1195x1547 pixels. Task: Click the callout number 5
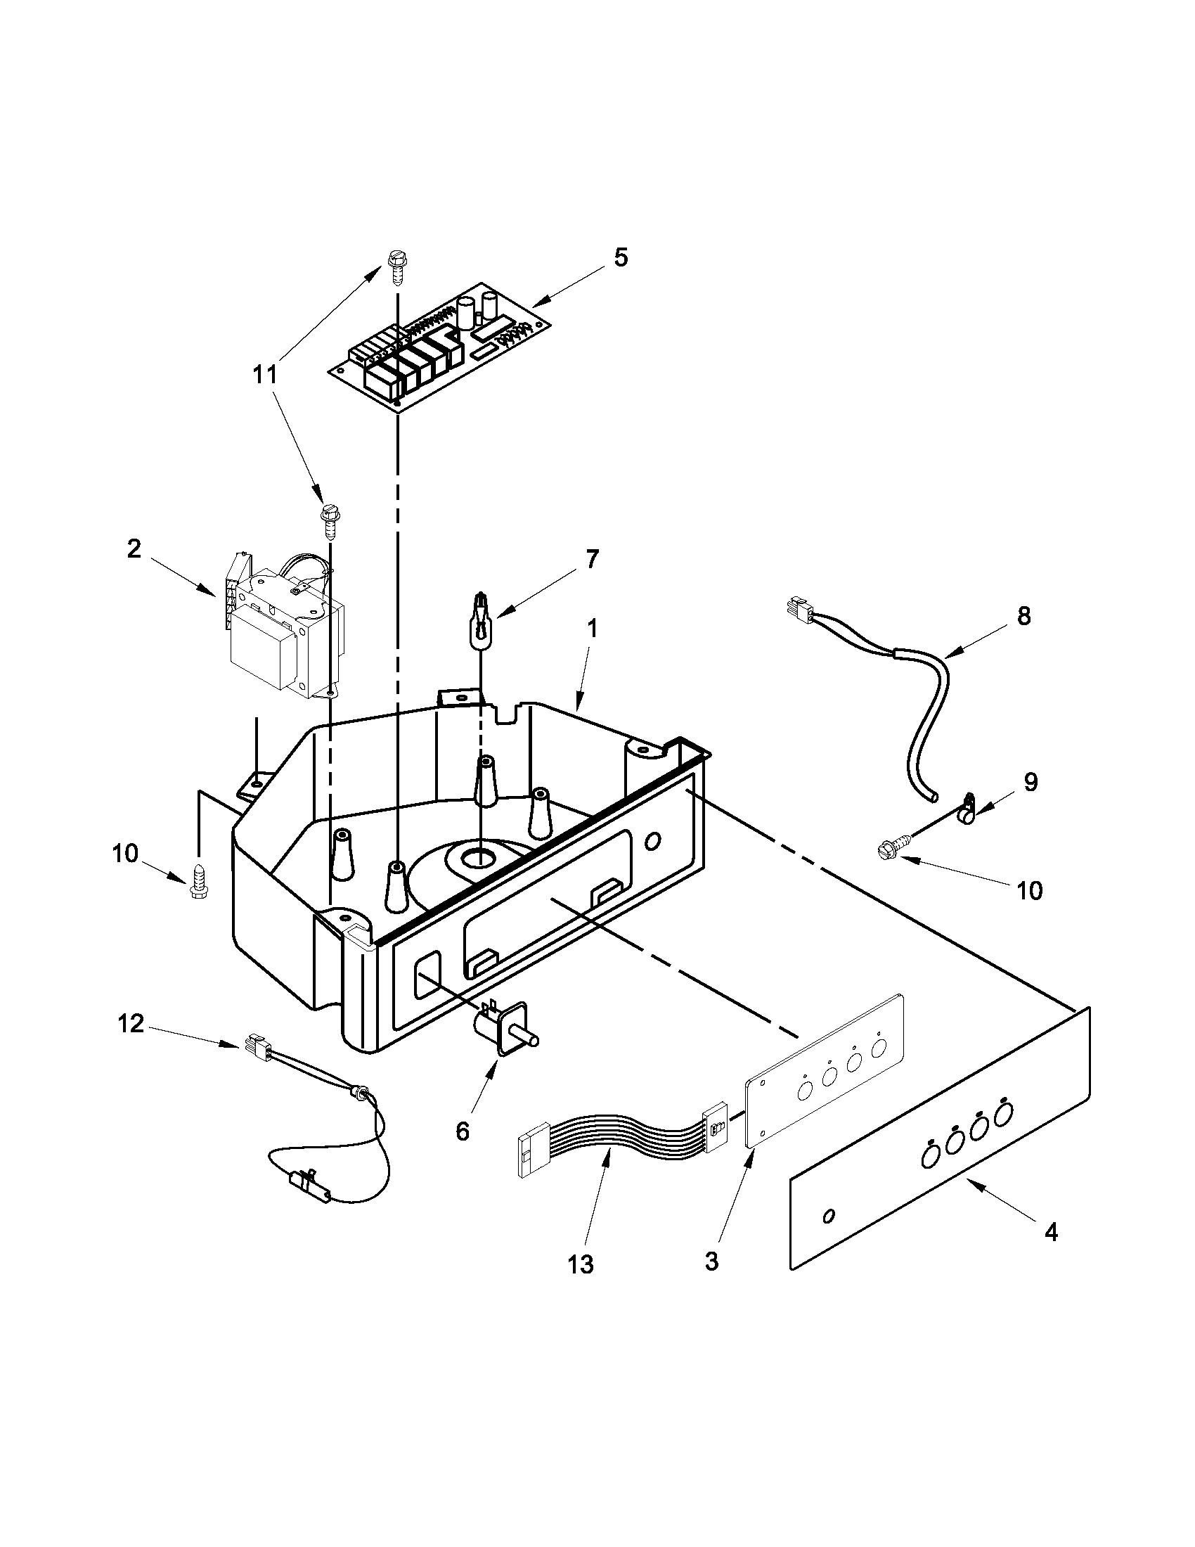click(x=620, y=257)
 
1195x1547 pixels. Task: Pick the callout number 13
click(x=581, y=1263)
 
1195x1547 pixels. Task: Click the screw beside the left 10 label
click(x=198, y=882)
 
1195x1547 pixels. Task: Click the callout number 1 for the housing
click(x=592, y=628)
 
